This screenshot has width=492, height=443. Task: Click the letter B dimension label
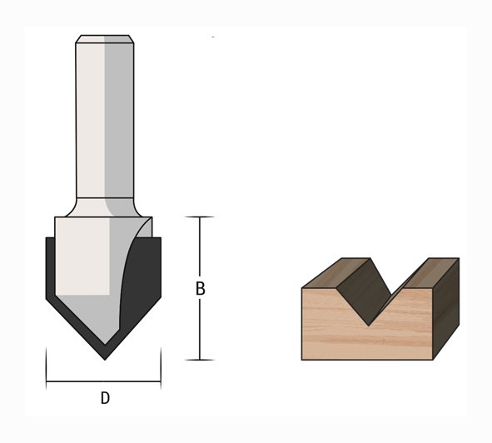(x=200, y=288)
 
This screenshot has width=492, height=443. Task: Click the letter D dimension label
(x=105, y=398)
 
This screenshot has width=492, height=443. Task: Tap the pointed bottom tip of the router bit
(x=105, y=359)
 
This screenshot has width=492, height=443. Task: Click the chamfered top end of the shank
(x=105, y=39)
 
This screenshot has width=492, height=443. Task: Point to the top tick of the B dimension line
(x=200, y=217)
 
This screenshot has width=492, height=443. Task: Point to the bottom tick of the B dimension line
(x=200, y=360)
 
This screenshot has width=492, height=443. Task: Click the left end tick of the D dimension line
(x=47, y=368)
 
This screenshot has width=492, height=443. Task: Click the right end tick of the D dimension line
(x=161, y=368)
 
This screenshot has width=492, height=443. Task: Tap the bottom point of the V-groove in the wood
(x=369, y=326)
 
